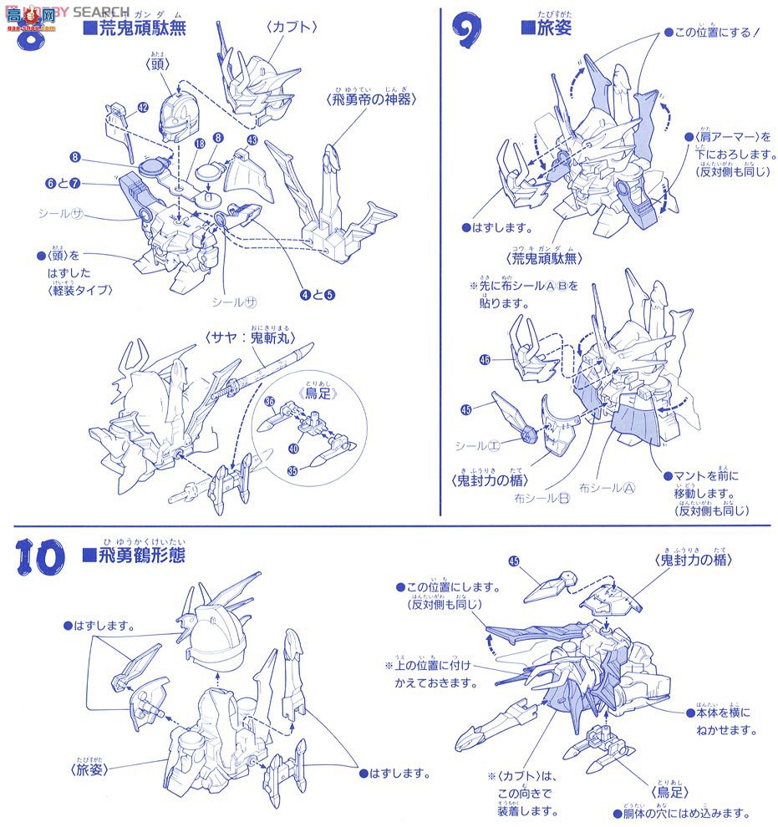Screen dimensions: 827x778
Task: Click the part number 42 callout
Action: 143,108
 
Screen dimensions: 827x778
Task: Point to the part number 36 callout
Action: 269,401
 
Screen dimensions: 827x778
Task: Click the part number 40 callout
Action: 292,448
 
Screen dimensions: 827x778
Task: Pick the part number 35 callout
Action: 292,471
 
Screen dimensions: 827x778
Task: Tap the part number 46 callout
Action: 485,361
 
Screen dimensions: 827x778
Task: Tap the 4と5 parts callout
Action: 318,293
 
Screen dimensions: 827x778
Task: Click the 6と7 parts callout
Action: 64,182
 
